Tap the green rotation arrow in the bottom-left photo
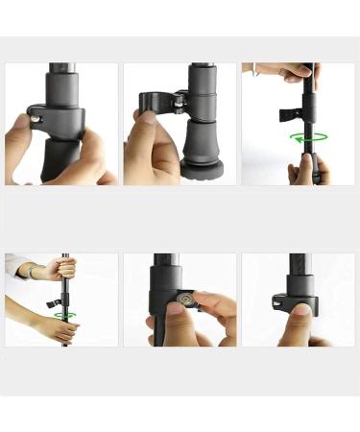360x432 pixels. coord(65,314)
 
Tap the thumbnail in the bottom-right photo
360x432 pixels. coord(300,310)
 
